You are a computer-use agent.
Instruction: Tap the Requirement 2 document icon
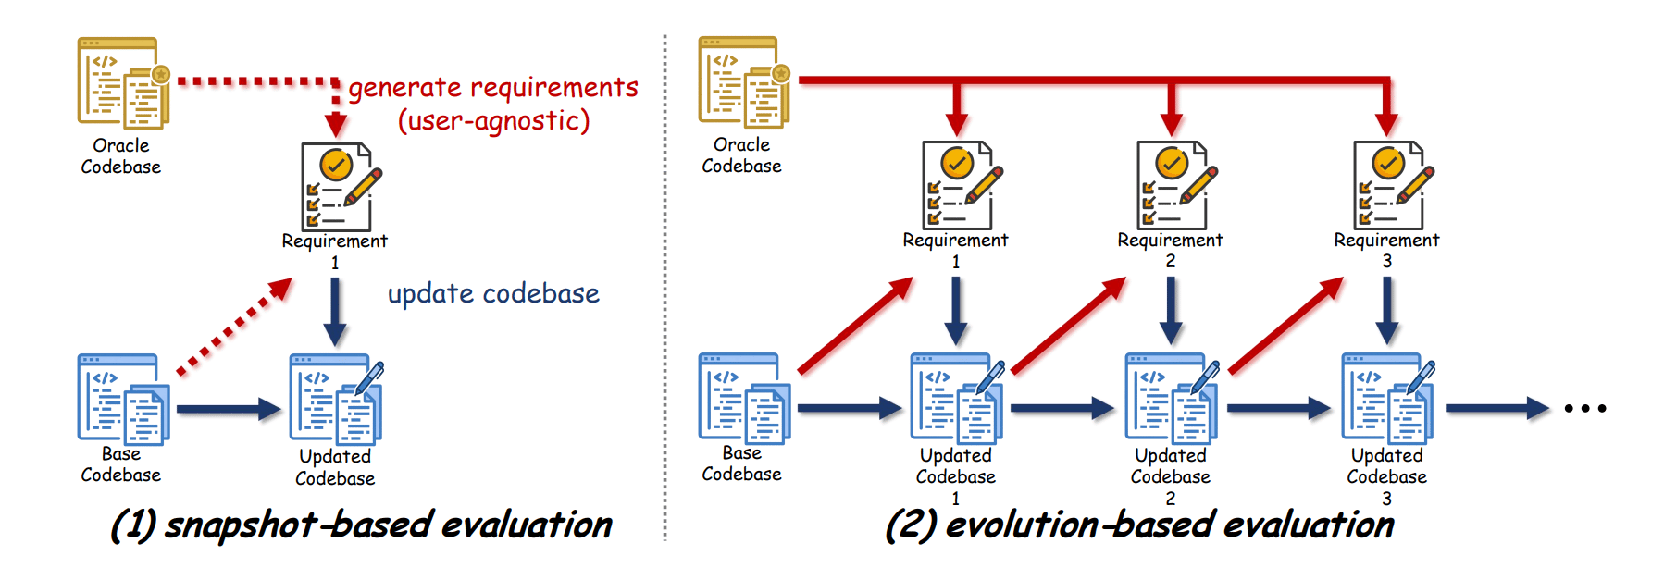tap(1174, 185)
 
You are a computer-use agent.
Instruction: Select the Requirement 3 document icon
tap(1391, 185)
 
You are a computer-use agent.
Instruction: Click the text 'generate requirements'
tap(493, 88)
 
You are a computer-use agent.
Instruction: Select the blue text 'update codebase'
tap(493, 294)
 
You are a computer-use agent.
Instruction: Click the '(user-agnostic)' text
tap(493, 121)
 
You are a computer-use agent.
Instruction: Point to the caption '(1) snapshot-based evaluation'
tap(361, 525)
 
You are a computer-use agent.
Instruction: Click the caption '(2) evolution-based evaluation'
tap(1139, 525)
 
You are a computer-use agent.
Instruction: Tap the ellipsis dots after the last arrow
tap(1585, 408)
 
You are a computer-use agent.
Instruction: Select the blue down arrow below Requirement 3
tap(1386, 310)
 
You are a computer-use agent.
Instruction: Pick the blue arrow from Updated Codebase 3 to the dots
tap(1496, 408)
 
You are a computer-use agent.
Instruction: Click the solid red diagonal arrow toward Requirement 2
tap(1069, 325)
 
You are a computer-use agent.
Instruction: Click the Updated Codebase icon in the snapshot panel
tap(336, 401)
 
